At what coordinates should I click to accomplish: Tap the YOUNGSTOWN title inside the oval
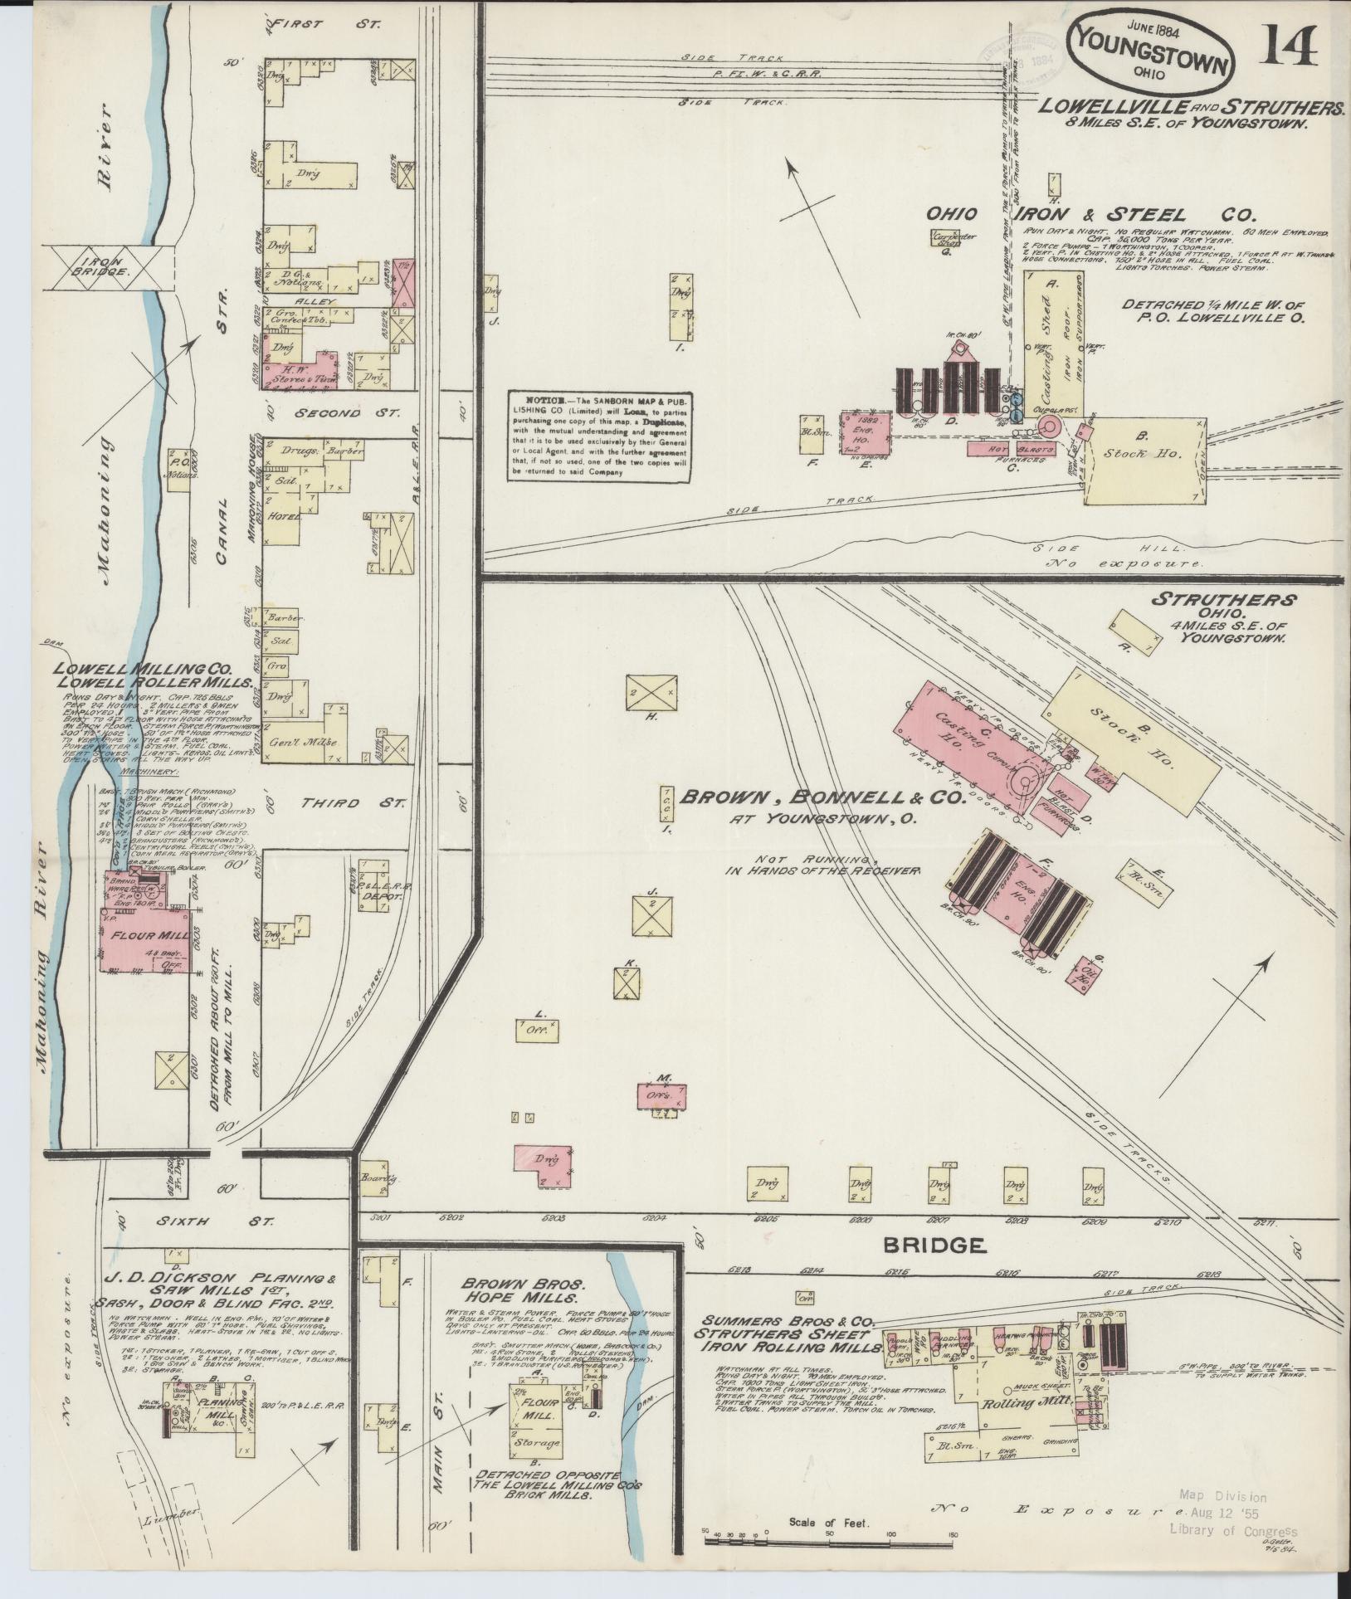[x=1153, y=49]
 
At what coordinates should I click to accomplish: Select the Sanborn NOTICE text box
[x=601, y=436]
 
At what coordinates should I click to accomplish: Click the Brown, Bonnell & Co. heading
[x=823, y=797]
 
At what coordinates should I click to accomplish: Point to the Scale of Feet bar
[x=830, y=1541]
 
